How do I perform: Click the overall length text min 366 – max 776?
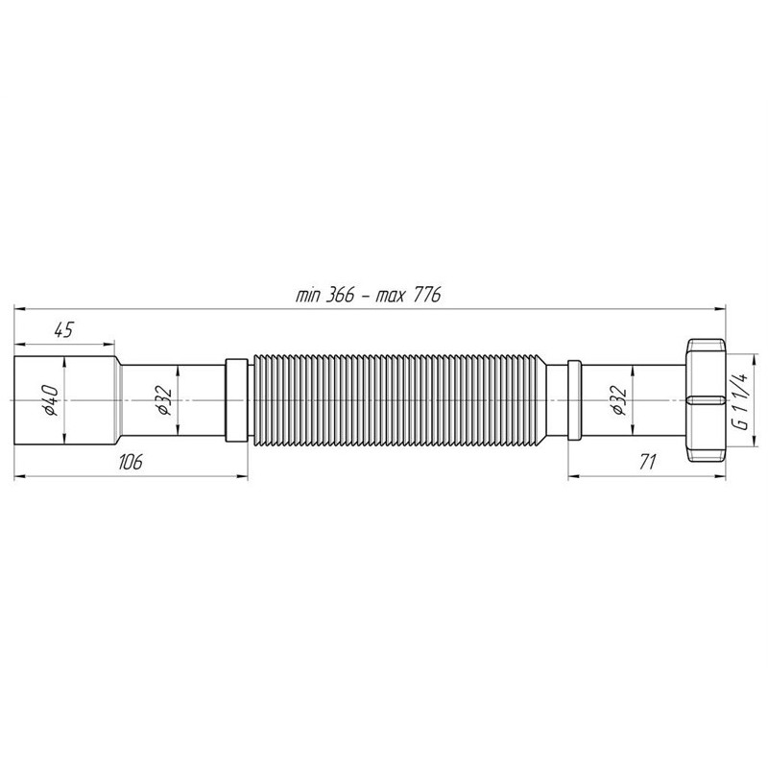point(368,295)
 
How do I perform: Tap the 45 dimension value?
point(63,330)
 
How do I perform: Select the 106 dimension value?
point(130,462)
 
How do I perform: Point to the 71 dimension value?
point(647,462)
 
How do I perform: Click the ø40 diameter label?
point(51,400)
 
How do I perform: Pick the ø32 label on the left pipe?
point(164,400)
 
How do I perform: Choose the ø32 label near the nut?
point(618,400)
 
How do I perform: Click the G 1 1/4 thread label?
point(741,400)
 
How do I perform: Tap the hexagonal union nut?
point(706,400)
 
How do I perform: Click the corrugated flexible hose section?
point(399,400)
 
